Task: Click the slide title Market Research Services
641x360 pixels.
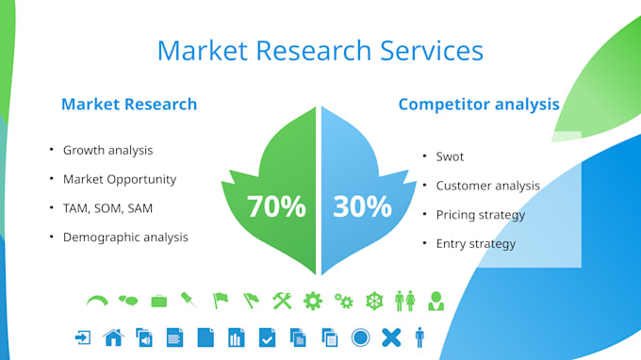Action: [320, 50]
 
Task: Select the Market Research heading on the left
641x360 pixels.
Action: [129, 104]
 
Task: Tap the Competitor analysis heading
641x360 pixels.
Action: [479, 104]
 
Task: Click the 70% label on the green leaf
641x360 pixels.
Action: [276, 206]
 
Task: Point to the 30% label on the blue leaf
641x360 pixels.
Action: [362, 206]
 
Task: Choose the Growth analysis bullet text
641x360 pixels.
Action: [107, 150]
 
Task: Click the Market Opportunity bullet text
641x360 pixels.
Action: [120, 179]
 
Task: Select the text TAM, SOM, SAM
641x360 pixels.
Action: [107, 208]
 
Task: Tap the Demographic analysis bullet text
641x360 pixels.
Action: [125, 237]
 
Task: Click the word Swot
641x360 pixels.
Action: [450, 156]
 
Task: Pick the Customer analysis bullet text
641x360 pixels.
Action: [487, 186]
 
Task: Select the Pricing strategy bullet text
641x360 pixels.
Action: [480, 215]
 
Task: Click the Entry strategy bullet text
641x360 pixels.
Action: [475, 244]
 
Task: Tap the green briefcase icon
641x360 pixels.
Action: [158, 301]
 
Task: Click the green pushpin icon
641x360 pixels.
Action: [189, 301]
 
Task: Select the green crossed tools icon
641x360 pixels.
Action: [282, 301]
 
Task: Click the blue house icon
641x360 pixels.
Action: [113, 336]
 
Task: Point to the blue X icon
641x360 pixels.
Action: [391, 336]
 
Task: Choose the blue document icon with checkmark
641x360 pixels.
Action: [267, 336]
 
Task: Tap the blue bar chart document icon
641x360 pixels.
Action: [237, 336]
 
